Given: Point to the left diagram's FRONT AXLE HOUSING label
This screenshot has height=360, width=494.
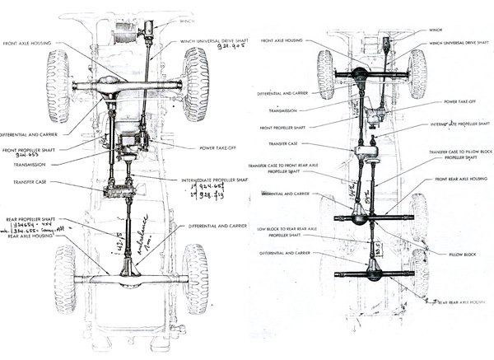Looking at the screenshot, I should (30, 43).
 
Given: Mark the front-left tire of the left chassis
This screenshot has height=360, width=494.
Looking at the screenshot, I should (58, 85).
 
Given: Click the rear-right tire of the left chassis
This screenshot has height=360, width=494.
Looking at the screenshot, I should (196, 278).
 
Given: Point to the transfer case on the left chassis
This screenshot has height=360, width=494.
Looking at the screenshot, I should (120, 191).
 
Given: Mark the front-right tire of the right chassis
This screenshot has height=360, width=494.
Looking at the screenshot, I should (418, 73).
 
